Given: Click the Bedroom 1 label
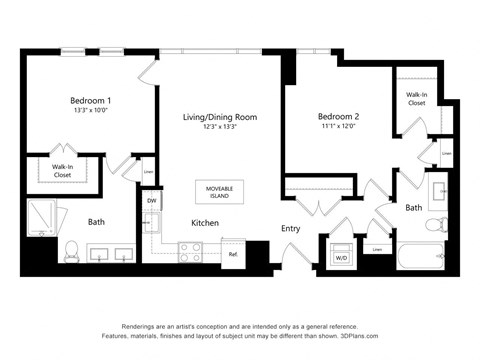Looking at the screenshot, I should click(90, 101).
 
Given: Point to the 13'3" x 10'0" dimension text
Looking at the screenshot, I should click(90, 112).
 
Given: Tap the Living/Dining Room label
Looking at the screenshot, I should click(219, 117).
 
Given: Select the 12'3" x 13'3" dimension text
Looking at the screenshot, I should click(219, 128).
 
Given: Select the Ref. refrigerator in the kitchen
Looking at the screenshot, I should click(232, 253).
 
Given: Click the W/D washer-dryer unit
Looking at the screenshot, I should click(341, 256).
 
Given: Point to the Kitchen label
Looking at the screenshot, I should click(205, 222).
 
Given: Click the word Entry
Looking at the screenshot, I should click(290, 229).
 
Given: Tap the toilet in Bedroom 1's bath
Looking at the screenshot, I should click(72, 249).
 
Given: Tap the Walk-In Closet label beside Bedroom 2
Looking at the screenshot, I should click(417, 98).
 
